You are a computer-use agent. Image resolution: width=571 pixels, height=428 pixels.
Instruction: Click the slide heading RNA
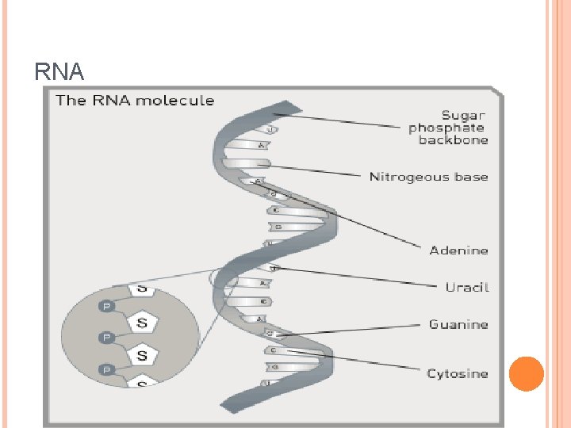pos(59,73)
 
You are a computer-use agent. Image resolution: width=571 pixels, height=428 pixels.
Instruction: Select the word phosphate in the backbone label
pos(446,128)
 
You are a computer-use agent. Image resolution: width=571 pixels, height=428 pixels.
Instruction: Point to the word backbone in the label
pos(453,140)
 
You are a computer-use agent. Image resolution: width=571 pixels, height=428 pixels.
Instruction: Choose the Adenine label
pos(458,250)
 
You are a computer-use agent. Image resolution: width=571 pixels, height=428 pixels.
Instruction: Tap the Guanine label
pos(458,324)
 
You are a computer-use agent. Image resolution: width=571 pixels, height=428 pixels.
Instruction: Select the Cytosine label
pos(458,373)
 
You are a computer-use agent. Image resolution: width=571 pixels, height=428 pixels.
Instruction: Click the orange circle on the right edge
pos(525,373)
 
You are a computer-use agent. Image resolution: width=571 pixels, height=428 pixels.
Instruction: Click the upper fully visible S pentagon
pos(142,323)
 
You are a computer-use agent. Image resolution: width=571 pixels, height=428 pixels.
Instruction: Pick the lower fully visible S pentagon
pos(142,354)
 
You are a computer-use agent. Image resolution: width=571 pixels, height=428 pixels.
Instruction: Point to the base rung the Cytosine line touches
pos(274,350)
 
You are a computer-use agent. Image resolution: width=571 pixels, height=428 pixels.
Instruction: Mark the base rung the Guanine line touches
pos(270,334)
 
